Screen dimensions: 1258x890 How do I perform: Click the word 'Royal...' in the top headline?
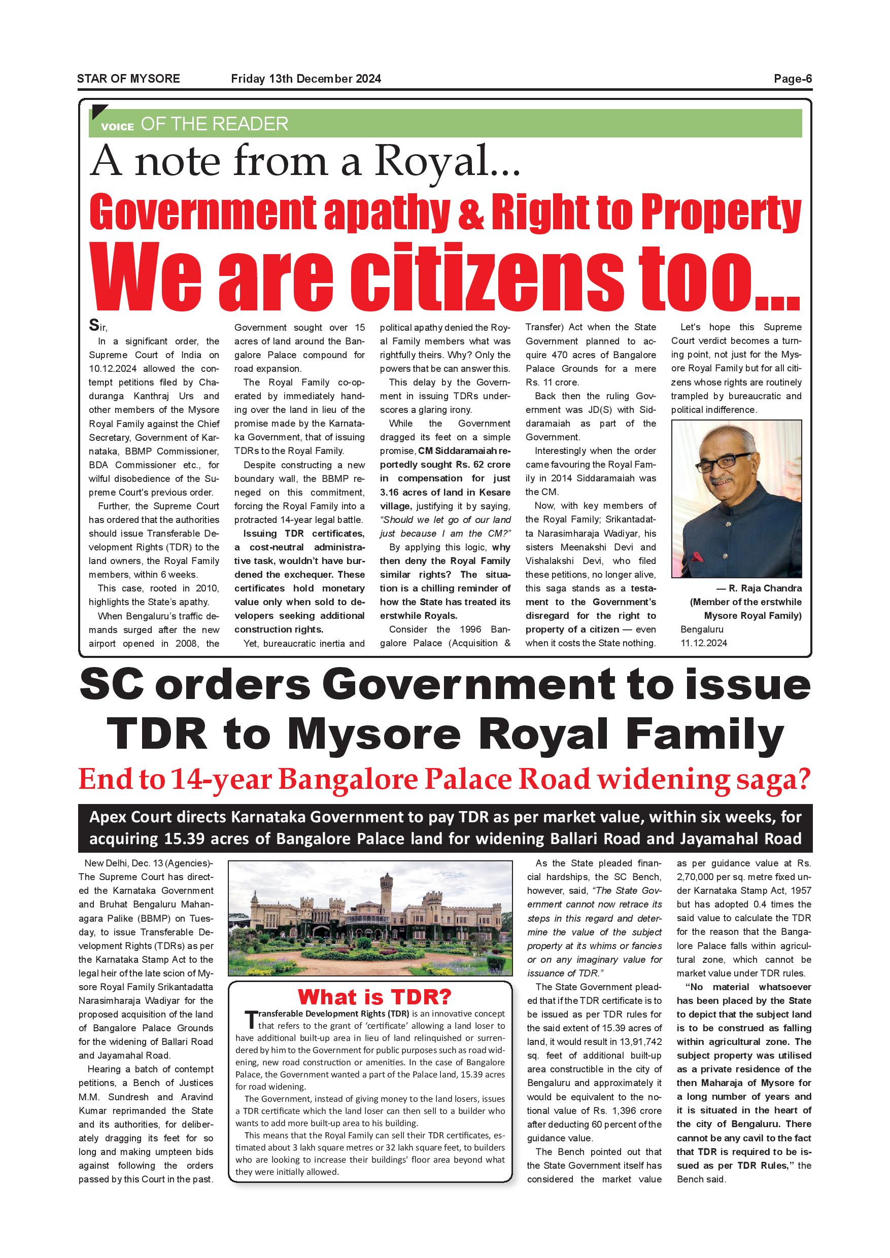[447, 162]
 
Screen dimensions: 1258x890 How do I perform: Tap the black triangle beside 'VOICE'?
[100, 112]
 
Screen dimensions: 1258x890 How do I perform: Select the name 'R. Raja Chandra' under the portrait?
[765, 588]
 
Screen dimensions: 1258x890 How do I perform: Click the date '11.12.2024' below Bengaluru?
[704, 643]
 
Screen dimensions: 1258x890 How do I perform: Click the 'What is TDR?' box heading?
[374, 996]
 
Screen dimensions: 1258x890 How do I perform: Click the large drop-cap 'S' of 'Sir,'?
[94, 326]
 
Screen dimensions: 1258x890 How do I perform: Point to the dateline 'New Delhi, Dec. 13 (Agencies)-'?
[146, 863]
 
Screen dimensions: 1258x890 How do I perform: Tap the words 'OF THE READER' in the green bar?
[214, 124]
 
